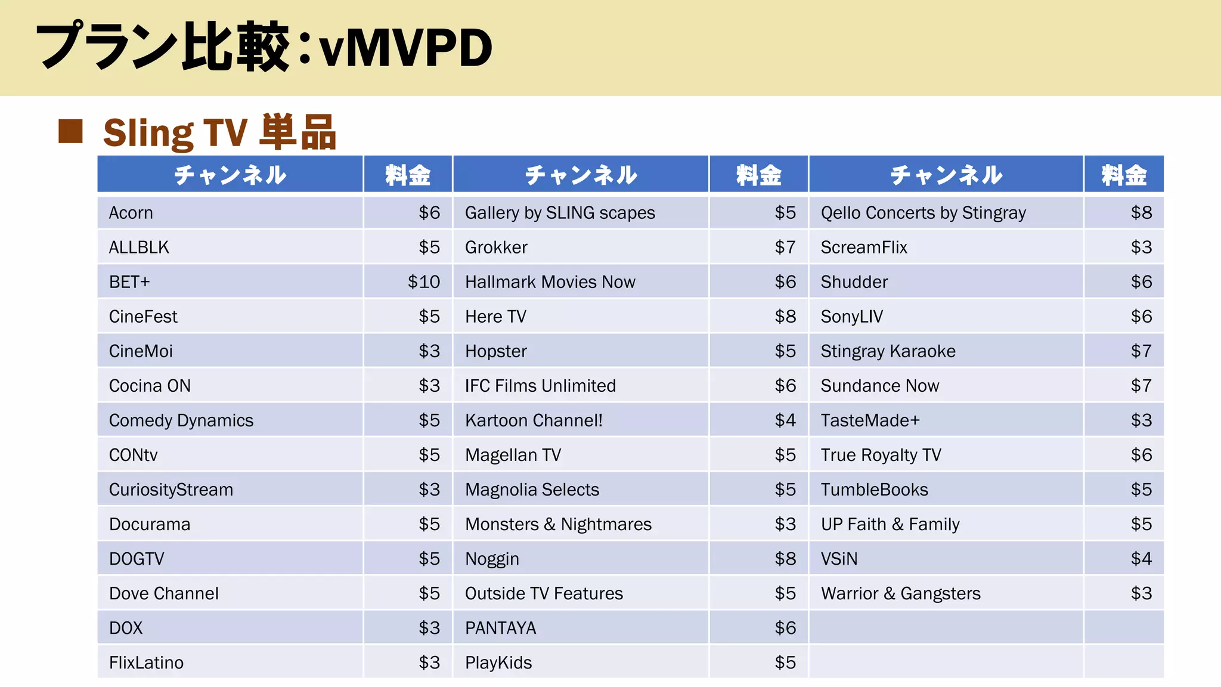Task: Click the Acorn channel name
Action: click(131, 213)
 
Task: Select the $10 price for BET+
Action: click(423, 282)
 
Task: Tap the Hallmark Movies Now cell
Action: click(550, 282)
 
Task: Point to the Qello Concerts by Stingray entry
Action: click(923, 213)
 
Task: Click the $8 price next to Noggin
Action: click(785, 559)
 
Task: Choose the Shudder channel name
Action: click(854, 282)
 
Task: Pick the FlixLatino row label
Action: click(146, 663)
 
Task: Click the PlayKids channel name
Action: click(498, 663)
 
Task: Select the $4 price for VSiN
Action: click(1141, 559)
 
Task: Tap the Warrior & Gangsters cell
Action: click(900, 593)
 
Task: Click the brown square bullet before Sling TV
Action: click(70, 132)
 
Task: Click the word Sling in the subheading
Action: click(148, 132)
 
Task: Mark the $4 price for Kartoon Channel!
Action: click(785, 420)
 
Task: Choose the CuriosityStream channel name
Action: click(171, 490)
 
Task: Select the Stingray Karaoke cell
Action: click(888, 351)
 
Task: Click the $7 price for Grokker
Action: click(785, 247)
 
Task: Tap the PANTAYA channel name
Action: click(500, 628)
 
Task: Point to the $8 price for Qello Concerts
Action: click(1141, 213)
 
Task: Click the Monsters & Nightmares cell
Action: click(558, 524)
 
